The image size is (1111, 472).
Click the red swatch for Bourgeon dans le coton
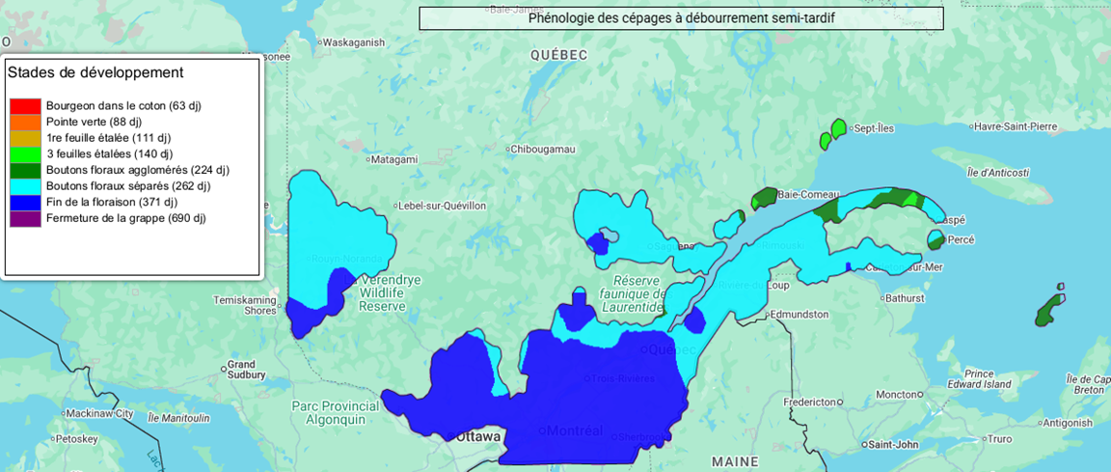[25, 105]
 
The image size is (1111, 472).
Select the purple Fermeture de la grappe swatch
[25, 218]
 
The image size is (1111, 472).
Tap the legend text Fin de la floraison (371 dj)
[112, 202]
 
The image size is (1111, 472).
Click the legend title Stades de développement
[95, 72]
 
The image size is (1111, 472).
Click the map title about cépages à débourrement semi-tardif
[681, 18]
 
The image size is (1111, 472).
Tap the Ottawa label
[479, 437]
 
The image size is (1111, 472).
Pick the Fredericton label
[809, 402]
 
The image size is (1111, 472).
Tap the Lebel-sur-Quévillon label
[443, 206]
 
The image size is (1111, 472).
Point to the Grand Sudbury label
[241, 372]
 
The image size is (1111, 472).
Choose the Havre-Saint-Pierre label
[1016, 127]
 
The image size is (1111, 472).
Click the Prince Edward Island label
[992, 379]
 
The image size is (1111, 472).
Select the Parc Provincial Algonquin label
[329, 412]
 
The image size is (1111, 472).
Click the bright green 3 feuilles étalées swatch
[25, 153]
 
